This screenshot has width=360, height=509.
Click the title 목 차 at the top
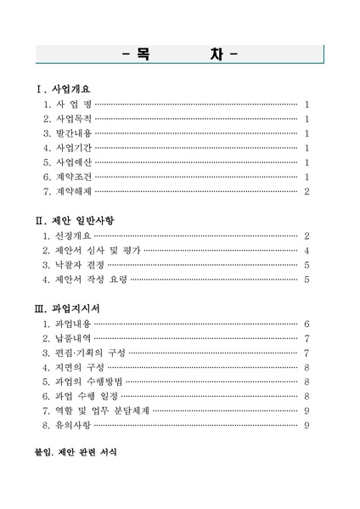coord(179,55)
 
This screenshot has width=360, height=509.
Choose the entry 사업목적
coord(73,119)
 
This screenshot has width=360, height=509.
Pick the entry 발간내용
coord(73,133)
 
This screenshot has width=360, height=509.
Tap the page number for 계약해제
coord(306,191)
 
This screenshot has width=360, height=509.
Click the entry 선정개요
coord(73,235)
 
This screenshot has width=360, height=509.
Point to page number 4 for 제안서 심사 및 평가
coord(306,251)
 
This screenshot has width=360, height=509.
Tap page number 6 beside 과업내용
coord(306,324)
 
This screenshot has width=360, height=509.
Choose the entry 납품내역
coord(73,338)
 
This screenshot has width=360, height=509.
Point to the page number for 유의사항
coord(306,425)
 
